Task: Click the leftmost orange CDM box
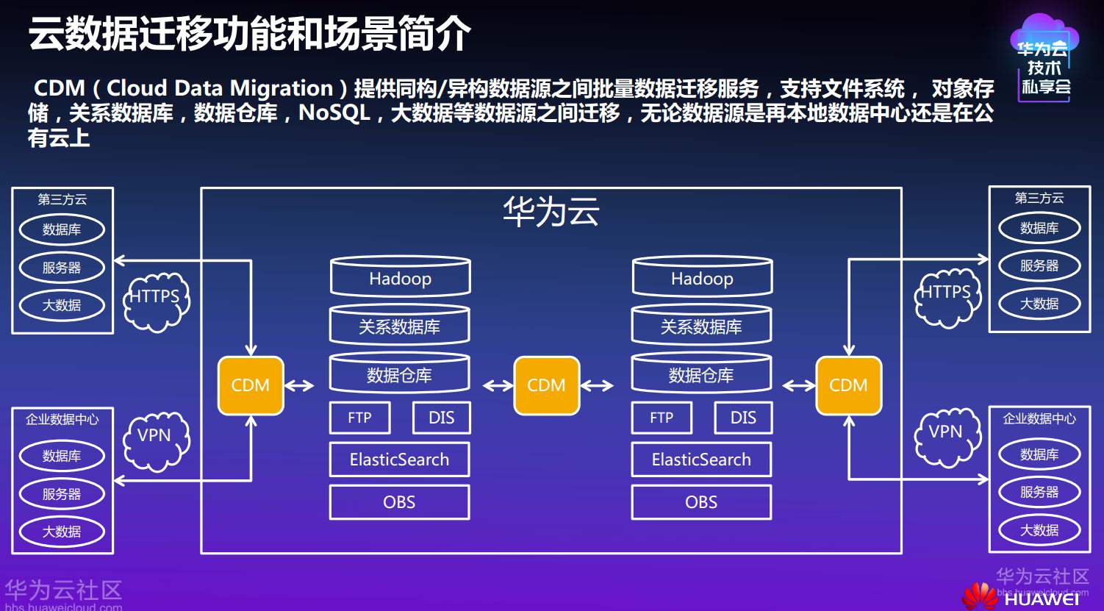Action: pos(251,385)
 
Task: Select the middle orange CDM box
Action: pos(546,385)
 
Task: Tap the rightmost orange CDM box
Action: pos(848,385)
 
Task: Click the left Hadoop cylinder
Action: pos(400,278)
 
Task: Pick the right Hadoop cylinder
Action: pos(702,278)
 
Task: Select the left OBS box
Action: pos(399,502)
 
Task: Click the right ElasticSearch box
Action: pos(701,460)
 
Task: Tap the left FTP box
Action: pos(359,418)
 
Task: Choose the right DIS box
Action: pos(743,418)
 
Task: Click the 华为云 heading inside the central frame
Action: pos(551,212)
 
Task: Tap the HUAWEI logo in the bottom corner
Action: pos(1025,597)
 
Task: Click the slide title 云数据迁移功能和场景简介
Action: pos(249,34)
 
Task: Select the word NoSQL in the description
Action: pos(334,113)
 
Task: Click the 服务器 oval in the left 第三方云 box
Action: pos(62,268)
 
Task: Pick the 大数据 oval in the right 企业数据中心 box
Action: pos(1039,530)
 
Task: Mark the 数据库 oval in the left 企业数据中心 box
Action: pos(62,456)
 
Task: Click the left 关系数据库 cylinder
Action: pos(399,326)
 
